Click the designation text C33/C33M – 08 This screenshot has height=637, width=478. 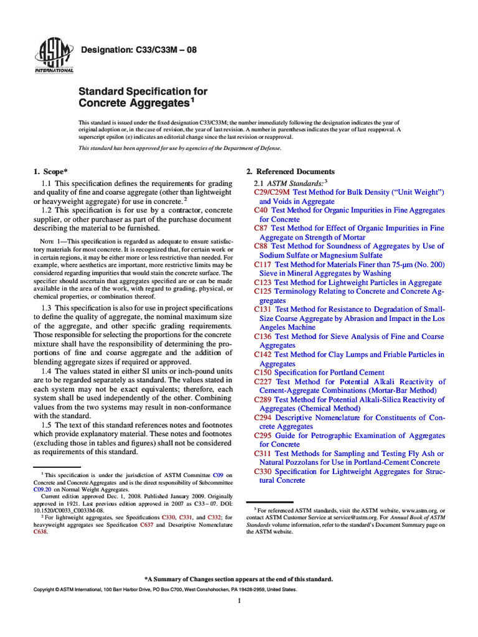click(138, 50)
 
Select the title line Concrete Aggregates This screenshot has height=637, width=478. click(133, 102)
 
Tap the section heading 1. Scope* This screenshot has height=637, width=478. click(50, 172)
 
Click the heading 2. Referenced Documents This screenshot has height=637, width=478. click(290, 172)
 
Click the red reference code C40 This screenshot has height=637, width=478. click(261, 210)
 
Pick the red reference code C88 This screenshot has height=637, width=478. click(261, 246)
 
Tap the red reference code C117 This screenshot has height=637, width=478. click(263, 264)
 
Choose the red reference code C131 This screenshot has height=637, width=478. click(263, 309)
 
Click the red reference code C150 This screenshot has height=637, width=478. click(263, 373)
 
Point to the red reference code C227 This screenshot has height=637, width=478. click(263, 381)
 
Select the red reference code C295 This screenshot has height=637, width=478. click(263, 435)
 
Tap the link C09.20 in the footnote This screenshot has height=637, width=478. click(42, 490)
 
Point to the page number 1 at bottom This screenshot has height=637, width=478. click(239, 601)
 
